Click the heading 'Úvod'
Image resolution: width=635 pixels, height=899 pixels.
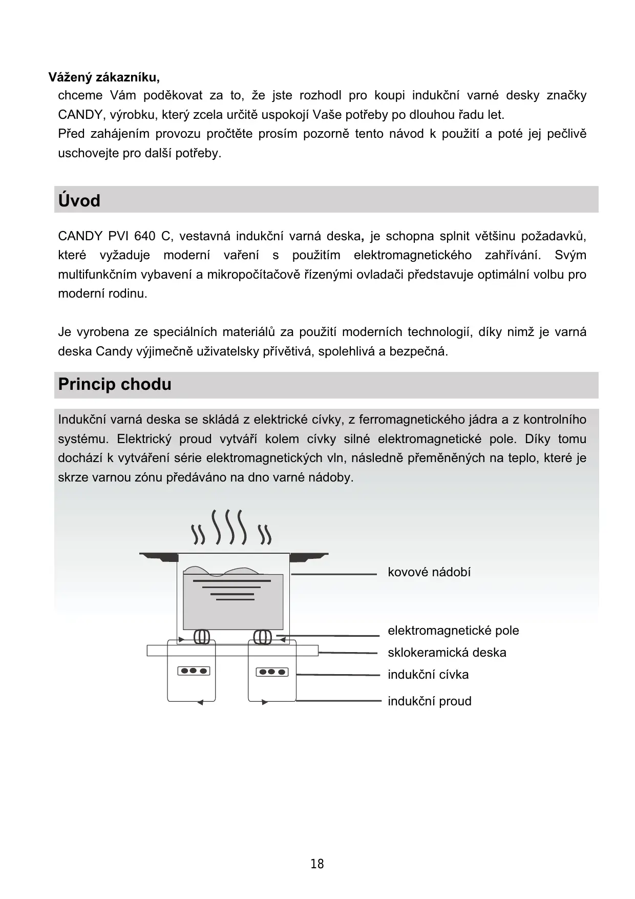coord(79,200)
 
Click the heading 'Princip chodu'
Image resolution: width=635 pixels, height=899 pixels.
coord(115,384)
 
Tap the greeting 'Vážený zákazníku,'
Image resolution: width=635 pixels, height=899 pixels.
coord(104,77)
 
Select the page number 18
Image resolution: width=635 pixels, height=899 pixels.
coord(317,864)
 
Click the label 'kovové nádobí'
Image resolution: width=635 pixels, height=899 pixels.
coord(429,572)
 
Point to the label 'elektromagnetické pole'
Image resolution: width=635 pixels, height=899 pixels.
coord(453,631)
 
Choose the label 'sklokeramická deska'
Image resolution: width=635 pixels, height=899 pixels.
coord(447,653)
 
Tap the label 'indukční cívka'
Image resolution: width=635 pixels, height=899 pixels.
coord(428,675)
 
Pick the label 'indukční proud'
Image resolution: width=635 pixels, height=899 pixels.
coord(430,701)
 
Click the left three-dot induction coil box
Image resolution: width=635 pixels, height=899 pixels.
coord(194,671)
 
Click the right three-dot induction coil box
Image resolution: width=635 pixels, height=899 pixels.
coord(272,672)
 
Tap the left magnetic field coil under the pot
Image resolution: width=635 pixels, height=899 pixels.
coord(202,637)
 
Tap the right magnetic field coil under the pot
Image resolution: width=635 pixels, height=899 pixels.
coord(263,637)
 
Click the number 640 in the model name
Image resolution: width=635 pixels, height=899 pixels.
coord(144,236)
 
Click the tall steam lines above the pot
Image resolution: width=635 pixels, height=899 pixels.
coord(230,527)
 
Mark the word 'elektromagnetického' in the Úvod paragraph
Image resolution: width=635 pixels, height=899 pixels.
coord(412,255)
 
